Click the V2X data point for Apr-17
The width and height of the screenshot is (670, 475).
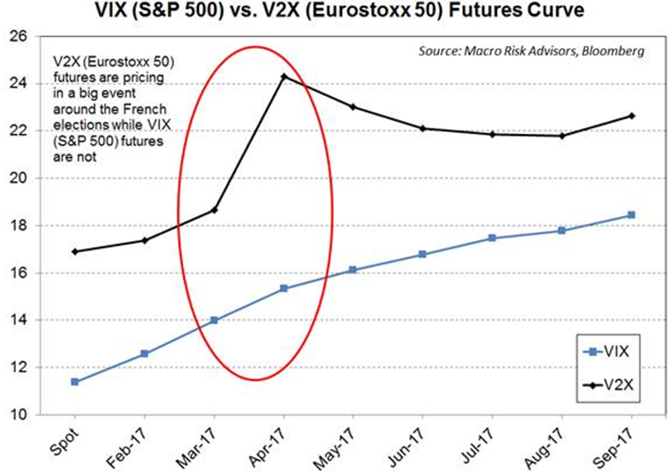point(283,76)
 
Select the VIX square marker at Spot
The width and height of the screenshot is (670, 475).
point(74,382)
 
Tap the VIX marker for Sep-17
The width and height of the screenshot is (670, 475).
point(631,214)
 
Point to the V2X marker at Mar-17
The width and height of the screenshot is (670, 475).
point(213,210)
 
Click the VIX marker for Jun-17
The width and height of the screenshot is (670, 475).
point(422,254)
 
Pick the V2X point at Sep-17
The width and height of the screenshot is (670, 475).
point(631,116)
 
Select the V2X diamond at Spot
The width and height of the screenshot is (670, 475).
point(74,251)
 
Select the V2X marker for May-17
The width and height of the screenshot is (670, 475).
point(353,106)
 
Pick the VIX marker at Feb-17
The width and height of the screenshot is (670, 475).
point(144,353)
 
